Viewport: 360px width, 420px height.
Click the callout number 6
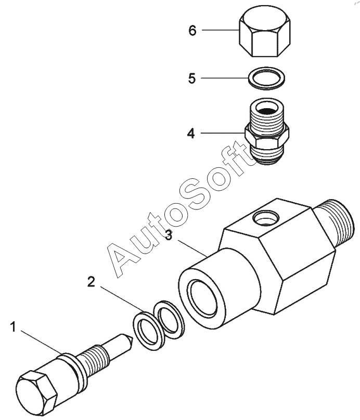[x=192, y=31]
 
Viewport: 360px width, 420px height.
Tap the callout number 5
[x=192, y=78]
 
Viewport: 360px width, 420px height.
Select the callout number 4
[x=191, y=133]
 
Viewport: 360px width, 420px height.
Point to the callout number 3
[x=169, y=235]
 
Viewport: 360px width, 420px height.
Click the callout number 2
[x=92, y=282]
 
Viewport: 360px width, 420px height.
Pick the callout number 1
[x=13, y=327]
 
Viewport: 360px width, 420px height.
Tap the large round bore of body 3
[x=202, y=297]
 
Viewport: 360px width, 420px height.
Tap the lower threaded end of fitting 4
[x=266, y=155]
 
